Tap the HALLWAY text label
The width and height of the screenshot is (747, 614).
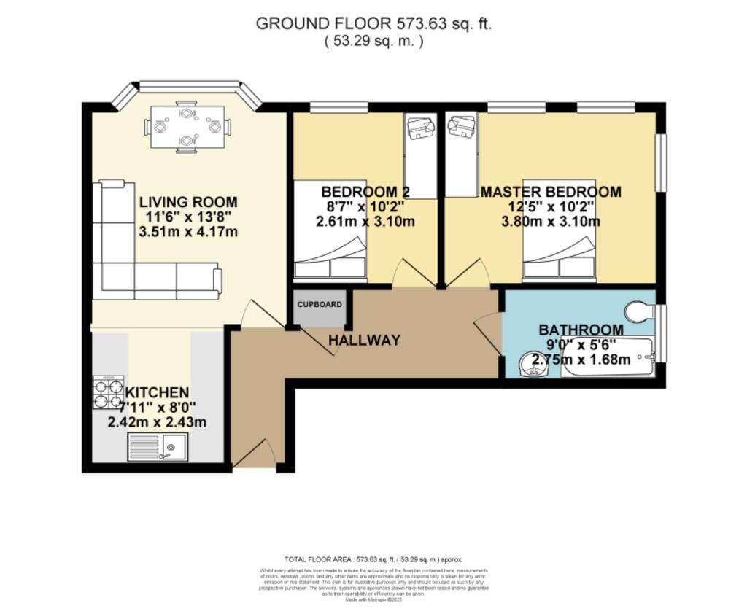click(363, 340)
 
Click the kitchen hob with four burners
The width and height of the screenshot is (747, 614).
click(108, 392)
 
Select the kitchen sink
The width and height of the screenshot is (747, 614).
click(158, 446)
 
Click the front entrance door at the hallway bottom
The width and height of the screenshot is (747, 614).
click(253, 454)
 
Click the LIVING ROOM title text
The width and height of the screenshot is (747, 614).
click(188, 202)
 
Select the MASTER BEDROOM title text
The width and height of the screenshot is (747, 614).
click(551, 192)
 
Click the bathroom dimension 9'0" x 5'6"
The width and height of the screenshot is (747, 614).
click(581, 344)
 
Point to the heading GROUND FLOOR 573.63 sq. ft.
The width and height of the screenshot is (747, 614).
click(373, 23)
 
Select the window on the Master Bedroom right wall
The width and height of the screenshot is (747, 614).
click(660, 163)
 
